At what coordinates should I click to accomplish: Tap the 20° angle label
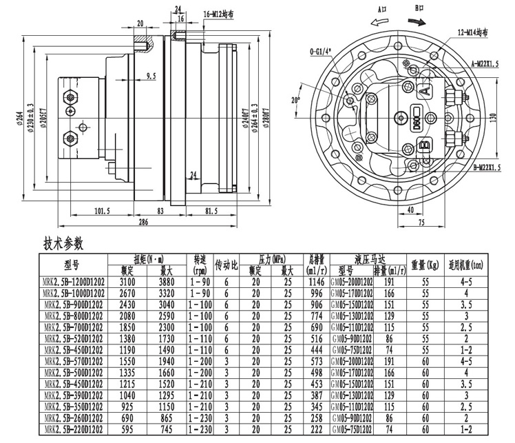[x=296, y=100]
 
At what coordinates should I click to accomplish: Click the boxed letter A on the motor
[x=425, y=90]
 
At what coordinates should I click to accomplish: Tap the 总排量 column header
[x=316, y=265]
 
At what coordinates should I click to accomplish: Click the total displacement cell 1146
[x=316, y=282]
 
